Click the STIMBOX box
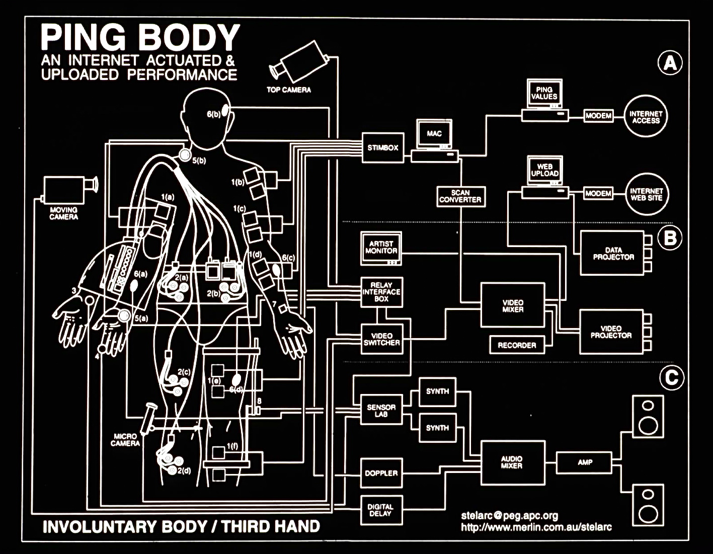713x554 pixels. click(x=383, y=147)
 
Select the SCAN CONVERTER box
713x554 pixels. click(x=461, y=196)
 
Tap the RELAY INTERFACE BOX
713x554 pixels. click(x=381, y=292)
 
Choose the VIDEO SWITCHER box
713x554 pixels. click(x=382, y=339)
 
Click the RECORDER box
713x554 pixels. click(x=517, y=345)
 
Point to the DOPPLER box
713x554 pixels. click(x=381, y=472)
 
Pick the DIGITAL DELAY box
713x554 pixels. click(x=381, y=510)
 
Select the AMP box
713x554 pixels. click(x=584, y=462)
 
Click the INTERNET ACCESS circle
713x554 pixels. click(x=646, y=116)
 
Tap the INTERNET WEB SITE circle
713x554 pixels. click(x=647, y=194)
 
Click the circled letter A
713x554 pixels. click(x=670, y=63)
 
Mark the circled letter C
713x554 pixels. click(x=672, y=377)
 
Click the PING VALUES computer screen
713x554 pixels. click(x=544, y=93)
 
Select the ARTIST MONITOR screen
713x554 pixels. click(x=381, y=248)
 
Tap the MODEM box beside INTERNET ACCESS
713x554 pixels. click(x=598, y=116)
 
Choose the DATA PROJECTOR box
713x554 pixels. click(x=612, y=253)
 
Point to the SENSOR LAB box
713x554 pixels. click(x=381, y=410)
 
